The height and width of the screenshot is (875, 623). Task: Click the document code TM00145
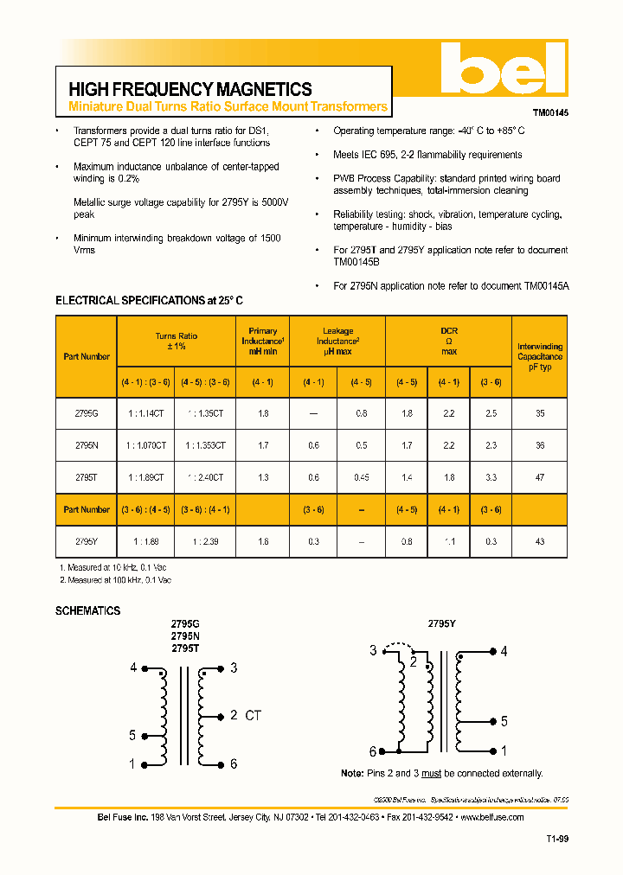[549, 112]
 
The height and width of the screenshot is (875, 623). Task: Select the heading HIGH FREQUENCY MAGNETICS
[189, 89]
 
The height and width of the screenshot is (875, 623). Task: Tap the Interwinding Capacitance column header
[540, 356]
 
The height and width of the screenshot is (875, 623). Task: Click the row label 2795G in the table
[87, 413]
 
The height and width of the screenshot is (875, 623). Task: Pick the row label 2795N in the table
[87, 445]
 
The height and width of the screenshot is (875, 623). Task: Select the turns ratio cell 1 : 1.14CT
[146, 413]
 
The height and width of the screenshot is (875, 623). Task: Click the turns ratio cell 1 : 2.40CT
[205, 476]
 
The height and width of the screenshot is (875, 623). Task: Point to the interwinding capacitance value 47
[540, 476]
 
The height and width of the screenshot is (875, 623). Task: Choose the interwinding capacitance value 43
[540, 540]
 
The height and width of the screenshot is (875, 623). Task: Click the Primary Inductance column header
[263, 342]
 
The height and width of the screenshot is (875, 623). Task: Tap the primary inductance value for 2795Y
[263, 540]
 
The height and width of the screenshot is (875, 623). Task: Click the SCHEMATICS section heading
[87, 610]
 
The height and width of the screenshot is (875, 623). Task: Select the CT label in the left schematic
[253, 715]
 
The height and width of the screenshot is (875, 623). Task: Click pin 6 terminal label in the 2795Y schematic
[373, 751]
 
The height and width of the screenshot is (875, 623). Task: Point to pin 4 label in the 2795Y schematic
[504, 651]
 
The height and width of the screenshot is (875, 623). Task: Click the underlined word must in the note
[431, 773]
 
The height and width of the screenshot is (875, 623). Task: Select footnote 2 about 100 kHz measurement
[115, 579]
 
